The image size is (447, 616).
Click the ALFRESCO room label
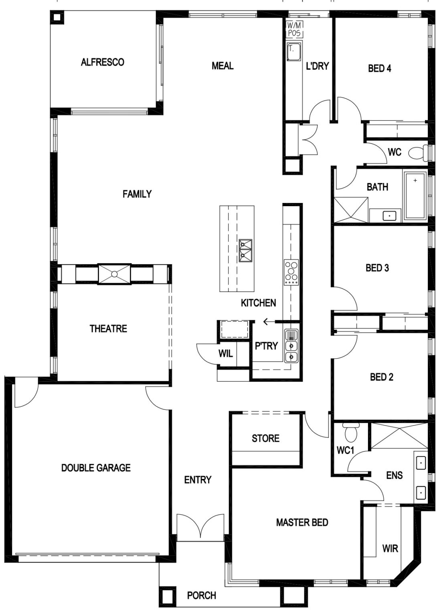102,62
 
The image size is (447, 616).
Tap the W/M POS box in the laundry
295,29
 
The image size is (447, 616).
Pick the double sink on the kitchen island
245,251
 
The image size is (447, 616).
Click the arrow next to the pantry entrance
269,321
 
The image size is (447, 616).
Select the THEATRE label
108,328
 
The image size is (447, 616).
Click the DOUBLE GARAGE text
96,468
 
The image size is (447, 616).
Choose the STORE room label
265,438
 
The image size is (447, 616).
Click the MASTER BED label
302,522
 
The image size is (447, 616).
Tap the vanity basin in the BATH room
390,216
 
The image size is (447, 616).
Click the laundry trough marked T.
293,51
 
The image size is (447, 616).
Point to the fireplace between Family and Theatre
114,274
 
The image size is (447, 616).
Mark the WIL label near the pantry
226,353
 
